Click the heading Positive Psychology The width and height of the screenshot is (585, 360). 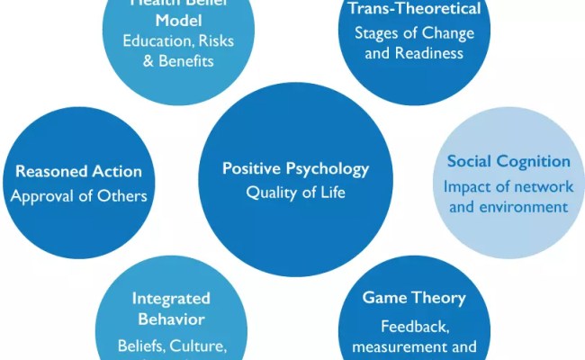pyautogui.click(x=295, y=168)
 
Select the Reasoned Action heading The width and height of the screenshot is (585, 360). pyautogui.click(x=78, y=171)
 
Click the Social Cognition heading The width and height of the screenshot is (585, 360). pyautogui.click(x=508, y=161)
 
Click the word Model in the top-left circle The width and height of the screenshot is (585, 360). pyautogui.click(x=170, y=20)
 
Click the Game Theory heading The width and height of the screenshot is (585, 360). pyautogui.click(x=414, y=297)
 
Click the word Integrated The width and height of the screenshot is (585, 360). pyautogui.click(x=170, y=298)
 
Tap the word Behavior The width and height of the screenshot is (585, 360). pyautogui.click(x=170, y=319)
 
